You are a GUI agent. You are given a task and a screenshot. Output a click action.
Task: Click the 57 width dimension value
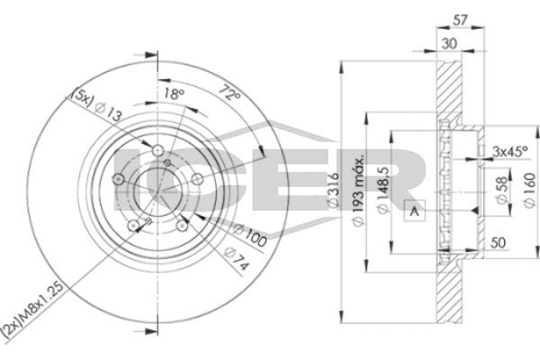click(x=460, y=21)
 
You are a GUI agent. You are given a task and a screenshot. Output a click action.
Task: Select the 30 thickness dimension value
click(x=449, y=44)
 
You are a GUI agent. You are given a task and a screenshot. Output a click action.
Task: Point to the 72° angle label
click(x=229, y=93)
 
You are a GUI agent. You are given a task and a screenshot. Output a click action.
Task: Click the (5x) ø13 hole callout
click(x=95, y=104)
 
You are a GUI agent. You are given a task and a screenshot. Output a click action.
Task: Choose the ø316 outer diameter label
click(x=333, y=190)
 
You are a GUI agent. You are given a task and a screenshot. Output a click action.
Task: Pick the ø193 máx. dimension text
click(x=358, y=190)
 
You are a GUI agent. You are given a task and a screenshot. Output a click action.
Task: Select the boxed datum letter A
click(x=415, y=211)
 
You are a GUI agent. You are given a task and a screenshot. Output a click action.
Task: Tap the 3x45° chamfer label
click(x=510, y=151)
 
